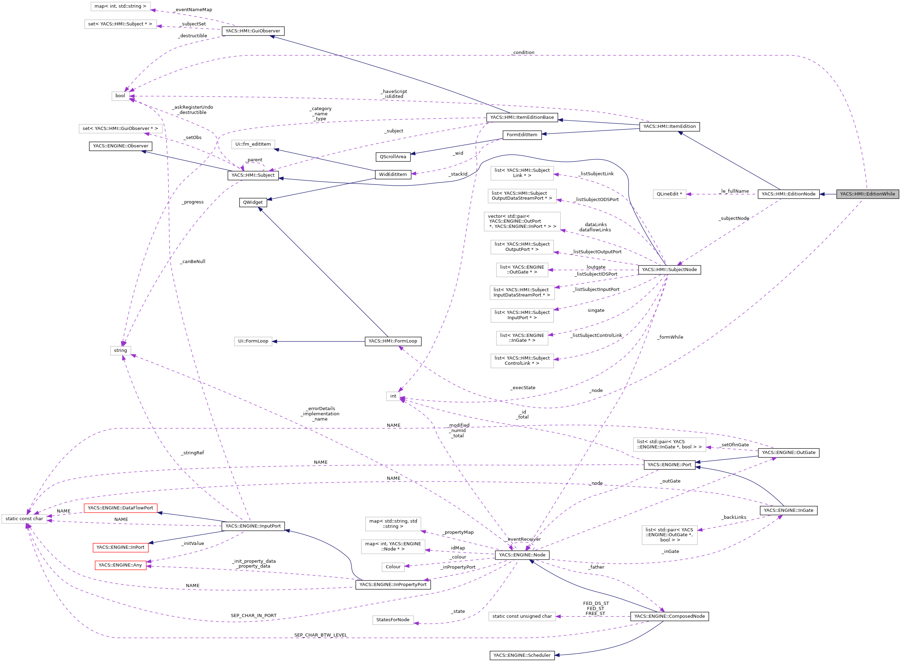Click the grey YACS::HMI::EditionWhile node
(867, 194)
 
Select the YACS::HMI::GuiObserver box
(253, 31)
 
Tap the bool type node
(120, 96)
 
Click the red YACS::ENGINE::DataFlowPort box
(120, 508)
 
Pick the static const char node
(24, 518)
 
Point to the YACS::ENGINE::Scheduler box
(522, 655)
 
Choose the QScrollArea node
(393, 157)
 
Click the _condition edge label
(523, 53)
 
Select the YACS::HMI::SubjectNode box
(669, 270)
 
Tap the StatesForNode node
(393, 619)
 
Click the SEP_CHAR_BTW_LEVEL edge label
(321, 635)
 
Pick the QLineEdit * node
(669, 194)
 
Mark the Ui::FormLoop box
(253, 341)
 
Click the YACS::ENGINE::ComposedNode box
(669, 616)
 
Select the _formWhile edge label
(670, 337)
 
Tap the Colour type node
(393, 567)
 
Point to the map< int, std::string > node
(120, 6)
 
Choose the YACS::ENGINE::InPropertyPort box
(393, 585)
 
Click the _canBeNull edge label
(193, 262)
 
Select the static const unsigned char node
(522, 616)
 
